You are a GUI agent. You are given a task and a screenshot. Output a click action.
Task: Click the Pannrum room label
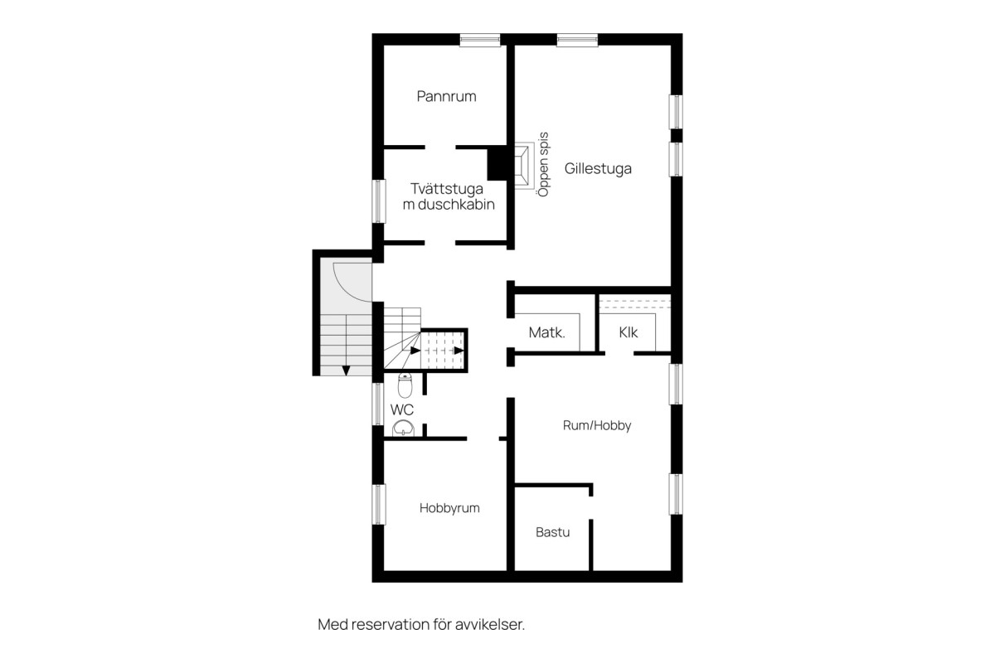pyautogui.click(x=446, y=96)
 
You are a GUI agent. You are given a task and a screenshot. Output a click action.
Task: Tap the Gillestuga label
pyautogui.click(x=598, y=169)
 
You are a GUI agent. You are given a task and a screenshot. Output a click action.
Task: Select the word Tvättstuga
pyautogui.click(x=447, y=189)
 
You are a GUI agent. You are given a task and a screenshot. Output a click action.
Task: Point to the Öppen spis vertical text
pyautogui.click(x=543, y=164)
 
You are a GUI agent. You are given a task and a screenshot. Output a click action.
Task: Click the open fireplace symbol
pyautogui.click(x=524, y=166)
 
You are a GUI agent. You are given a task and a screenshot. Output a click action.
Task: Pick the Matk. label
pyautogui.click(x=546, y=332)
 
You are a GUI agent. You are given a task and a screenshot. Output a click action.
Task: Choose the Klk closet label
pyautogui.click(x=629, y=332)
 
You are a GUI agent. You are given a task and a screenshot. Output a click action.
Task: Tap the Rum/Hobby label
pyautogui.click(x=597, y=425)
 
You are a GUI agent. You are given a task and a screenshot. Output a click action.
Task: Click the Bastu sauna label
pyautogui.click(x=552, y=532)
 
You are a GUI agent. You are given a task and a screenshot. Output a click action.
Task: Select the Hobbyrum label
pyautogui.click(x=449, y=508)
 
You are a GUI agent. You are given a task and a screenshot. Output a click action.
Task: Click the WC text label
pyautogui.click(x=402, y=409)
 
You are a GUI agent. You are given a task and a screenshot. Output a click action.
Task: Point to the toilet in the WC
pyautogui.click(x=405, y=385)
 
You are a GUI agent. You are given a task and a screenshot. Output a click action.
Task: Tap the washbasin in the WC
pyautogui.click(x=403, y=428)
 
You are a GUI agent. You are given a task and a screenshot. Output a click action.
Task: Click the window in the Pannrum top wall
pyautogui.click(x=480, y=40)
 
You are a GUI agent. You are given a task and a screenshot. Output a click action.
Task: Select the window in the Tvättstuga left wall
pyautogui.click(x=378, y=201)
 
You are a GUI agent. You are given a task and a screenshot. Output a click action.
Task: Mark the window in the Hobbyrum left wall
pyautogui.click(x=378, y=504)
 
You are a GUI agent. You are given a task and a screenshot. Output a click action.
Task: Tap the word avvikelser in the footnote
pyautogui.click(x=490, y=624)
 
